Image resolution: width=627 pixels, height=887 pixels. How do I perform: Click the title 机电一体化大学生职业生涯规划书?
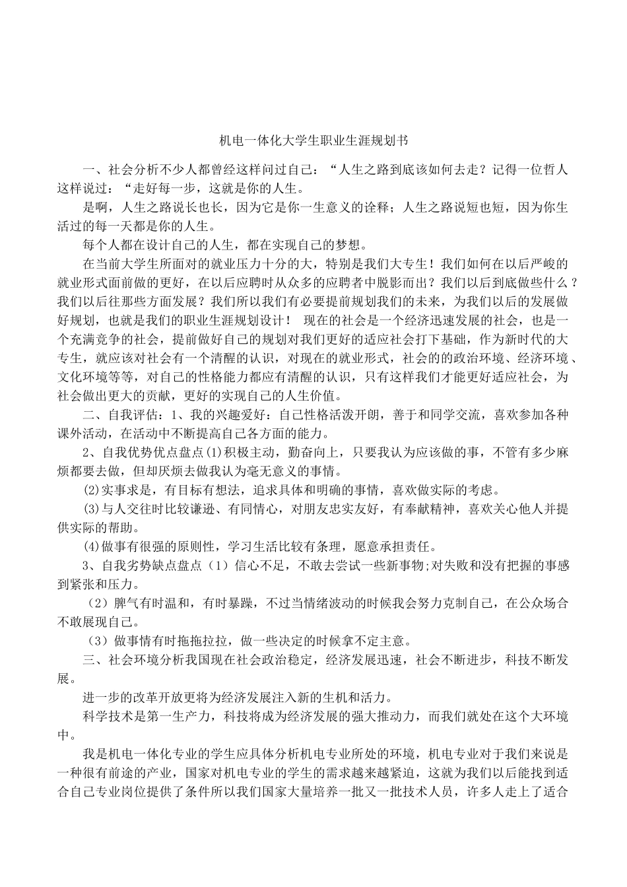pos(313,141)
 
